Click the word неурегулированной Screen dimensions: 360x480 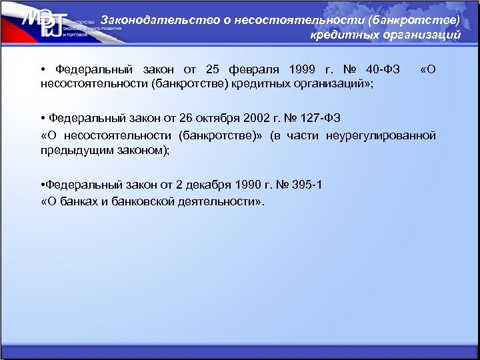click(x=381, y=135)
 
